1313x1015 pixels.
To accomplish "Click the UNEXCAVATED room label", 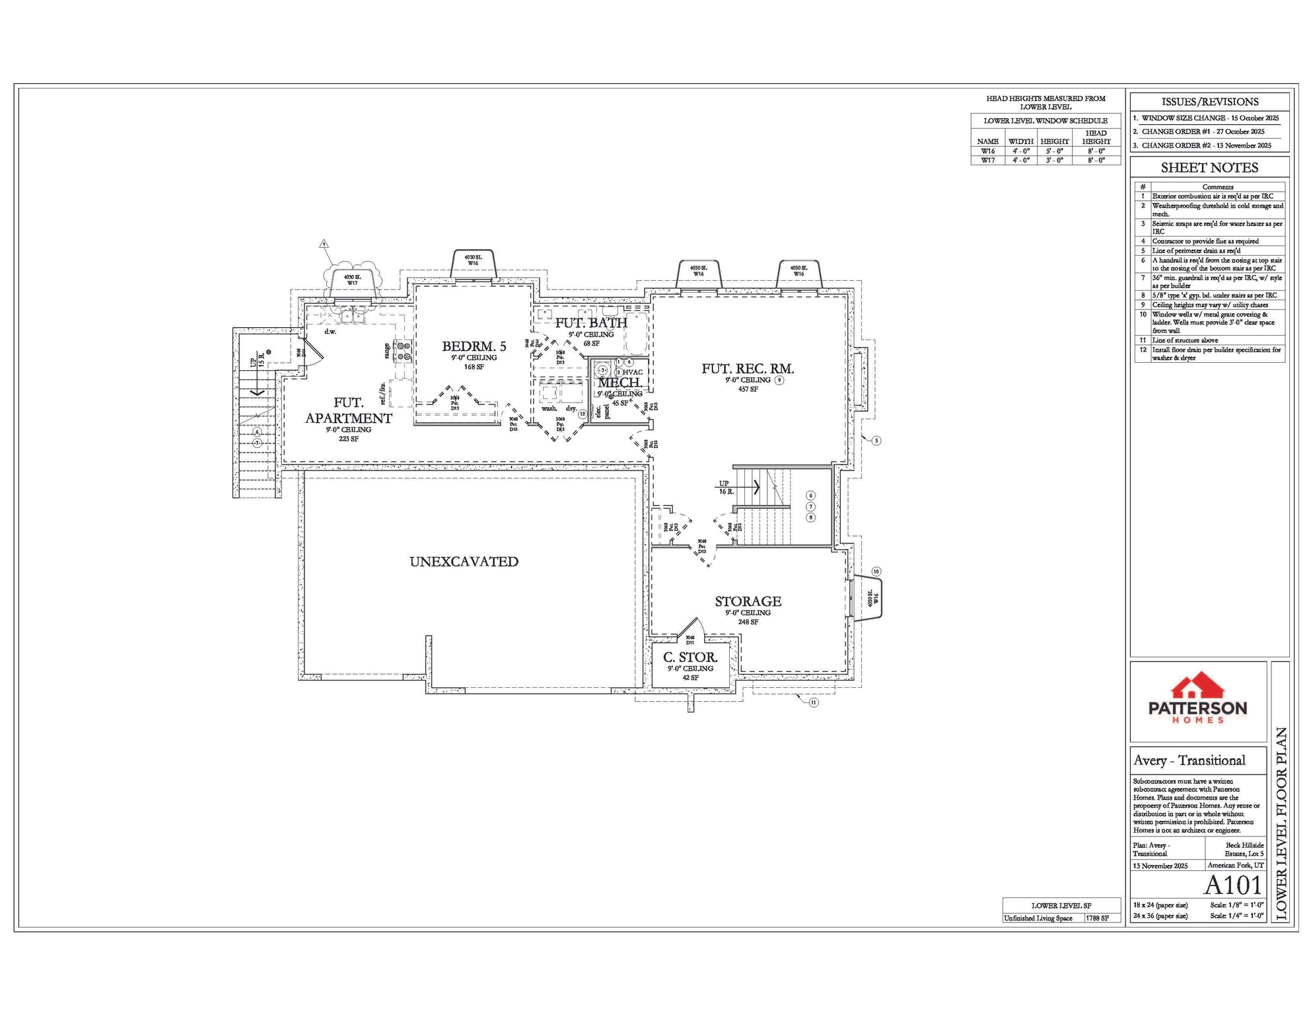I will (464, 562).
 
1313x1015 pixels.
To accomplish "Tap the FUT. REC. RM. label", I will (748, 369).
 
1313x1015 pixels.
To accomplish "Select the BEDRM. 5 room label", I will (474, 346).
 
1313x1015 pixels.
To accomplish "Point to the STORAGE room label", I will (748, 601).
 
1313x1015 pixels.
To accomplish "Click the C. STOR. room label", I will (690, 658).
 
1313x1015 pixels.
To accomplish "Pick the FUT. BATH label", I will (590, 323).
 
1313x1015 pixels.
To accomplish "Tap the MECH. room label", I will (620, 383).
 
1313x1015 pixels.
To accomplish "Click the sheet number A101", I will (1233, 885).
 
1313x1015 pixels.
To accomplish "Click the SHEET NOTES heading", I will (1209, 168).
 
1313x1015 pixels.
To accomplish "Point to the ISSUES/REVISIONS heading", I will (1209, 102).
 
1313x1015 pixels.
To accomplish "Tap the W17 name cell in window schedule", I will (987, 161).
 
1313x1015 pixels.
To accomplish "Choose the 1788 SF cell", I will (1097, 919).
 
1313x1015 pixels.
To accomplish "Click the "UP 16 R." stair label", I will (725, 488).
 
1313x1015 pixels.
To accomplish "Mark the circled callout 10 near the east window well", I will (876, 572).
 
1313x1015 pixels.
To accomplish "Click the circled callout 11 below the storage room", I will (813, 702).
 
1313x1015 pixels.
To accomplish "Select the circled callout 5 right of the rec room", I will (876, 441).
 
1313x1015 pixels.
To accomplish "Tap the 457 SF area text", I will (748, 389).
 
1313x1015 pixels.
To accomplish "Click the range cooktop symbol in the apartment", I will (402, 351).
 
